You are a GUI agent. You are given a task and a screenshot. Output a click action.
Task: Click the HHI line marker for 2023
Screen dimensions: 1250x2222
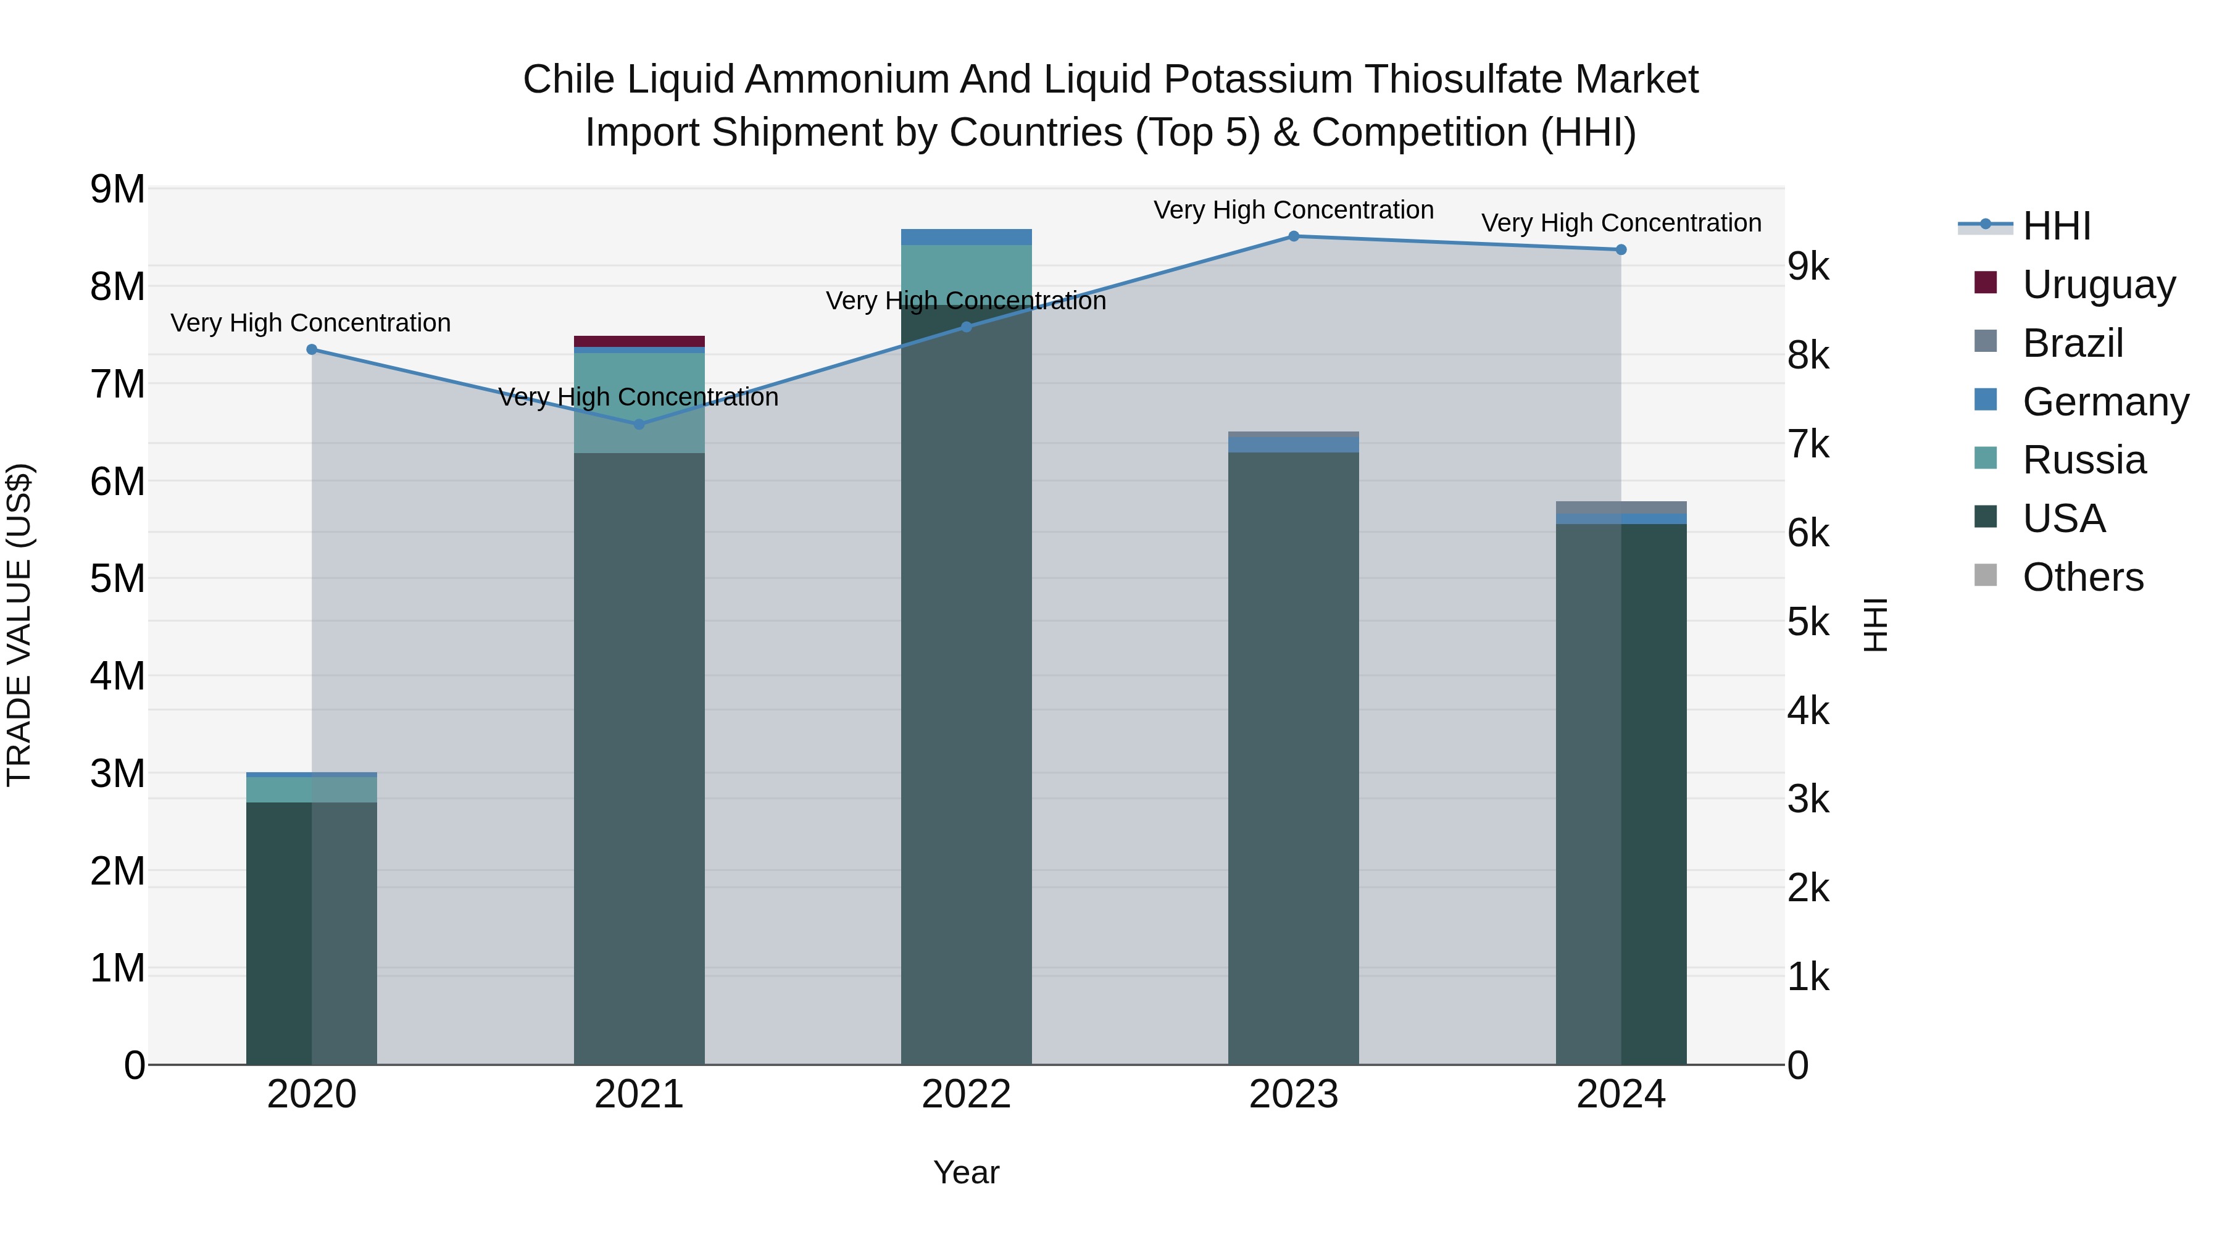[1293, 236]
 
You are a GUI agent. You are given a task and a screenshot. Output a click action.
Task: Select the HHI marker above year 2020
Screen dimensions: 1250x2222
[312, 349]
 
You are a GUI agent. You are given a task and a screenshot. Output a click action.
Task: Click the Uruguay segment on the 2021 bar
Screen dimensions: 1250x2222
[639, 341]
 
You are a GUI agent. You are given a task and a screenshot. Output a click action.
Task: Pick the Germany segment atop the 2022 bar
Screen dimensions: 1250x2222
[966, 237]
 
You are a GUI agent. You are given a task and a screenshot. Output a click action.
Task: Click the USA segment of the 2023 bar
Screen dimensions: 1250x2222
[1293, 759]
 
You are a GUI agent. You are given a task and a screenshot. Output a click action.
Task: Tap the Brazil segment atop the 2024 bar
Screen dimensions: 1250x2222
[1621, 507]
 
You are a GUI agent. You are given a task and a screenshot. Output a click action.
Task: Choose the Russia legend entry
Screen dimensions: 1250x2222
[2083, 460]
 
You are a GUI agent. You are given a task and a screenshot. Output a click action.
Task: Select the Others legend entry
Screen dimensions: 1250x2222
[2083, 577]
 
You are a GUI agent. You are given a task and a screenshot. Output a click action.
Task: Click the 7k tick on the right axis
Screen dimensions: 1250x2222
[1808, 444]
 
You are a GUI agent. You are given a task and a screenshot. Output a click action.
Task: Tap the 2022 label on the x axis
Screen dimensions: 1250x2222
[966, 1094]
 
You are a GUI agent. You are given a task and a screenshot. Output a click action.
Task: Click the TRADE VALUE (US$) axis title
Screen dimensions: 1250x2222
[19, 625]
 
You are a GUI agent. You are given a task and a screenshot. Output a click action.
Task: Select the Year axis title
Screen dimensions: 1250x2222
[966, 1172]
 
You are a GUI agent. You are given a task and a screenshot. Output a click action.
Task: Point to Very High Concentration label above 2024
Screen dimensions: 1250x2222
[1621, 223]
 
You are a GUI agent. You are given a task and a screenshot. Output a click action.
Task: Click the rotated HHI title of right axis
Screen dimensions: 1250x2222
[1875, 625]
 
